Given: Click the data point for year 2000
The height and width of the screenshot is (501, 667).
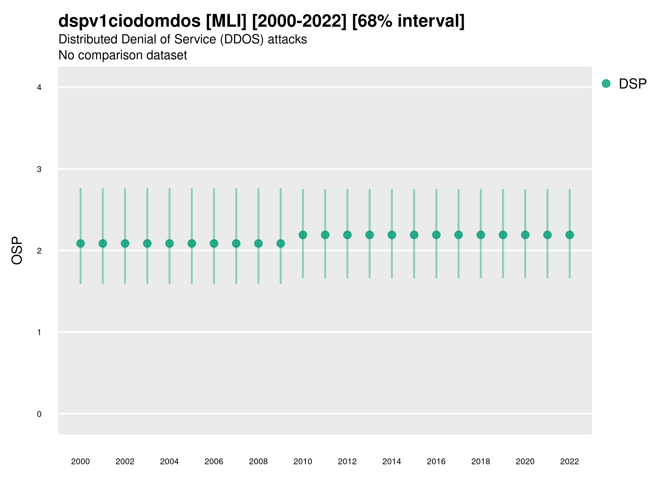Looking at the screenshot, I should [81, 244].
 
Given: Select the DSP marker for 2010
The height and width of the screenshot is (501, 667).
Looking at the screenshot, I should [303, 235].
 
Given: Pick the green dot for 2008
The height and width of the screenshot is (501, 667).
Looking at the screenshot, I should [258, 244].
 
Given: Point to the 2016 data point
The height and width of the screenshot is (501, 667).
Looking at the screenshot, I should [436, 235].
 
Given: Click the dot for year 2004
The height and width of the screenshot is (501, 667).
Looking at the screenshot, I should [170, 244].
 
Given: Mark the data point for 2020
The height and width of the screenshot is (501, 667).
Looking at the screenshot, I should [525, 235].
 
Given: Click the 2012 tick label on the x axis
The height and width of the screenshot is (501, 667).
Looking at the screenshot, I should [347, 461].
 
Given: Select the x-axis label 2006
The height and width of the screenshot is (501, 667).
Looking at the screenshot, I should [214, 461].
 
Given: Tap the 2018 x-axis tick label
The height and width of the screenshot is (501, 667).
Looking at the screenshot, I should [481, 461].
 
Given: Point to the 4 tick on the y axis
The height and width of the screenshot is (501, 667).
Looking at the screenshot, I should [39, 88].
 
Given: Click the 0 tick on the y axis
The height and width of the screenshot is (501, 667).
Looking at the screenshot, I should [39, 414].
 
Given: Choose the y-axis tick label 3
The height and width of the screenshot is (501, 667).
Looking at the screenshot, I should [39, 169].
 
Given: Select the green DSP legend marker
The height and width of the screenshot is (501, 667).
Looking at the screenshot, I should [606, 84].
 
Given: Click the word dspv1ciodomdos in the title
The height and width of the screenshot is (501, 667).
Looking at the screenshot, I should [129, 21].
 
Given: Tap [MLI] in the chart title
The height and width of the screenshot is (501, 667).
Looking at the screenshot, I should [226, 21].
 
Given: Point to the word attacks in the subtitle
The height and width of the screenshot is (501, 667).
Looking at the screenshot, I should [287, 39].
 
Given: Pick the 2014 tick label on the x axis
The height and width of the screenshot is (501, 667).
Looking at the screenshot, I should [392, 461].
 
